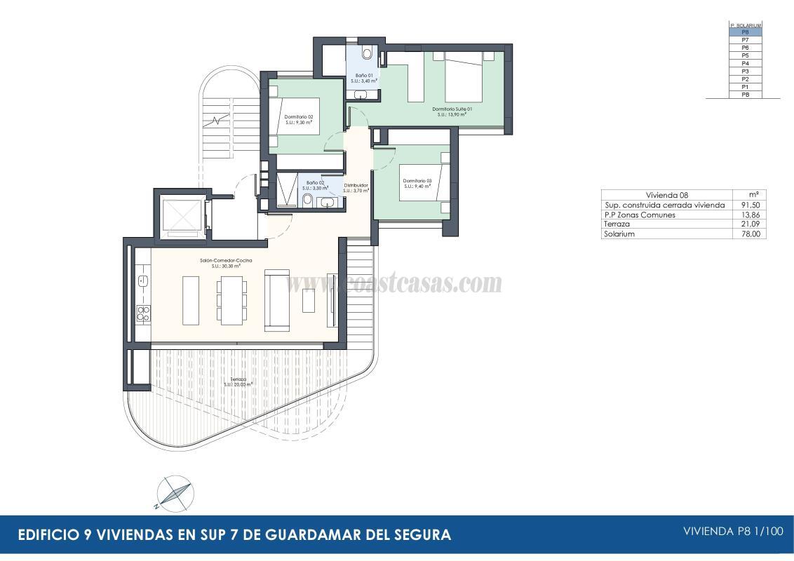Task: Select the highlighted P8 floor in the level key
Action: click(x=745, y=32)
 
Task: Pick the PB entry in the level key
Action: click(x=745, y=94)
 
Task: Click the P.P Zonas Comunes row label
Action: click(x=640, y=215)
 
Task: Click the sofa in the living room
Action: click(x=276, y=302)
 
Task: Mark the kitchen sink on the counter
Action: click(x=142, y=281)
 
